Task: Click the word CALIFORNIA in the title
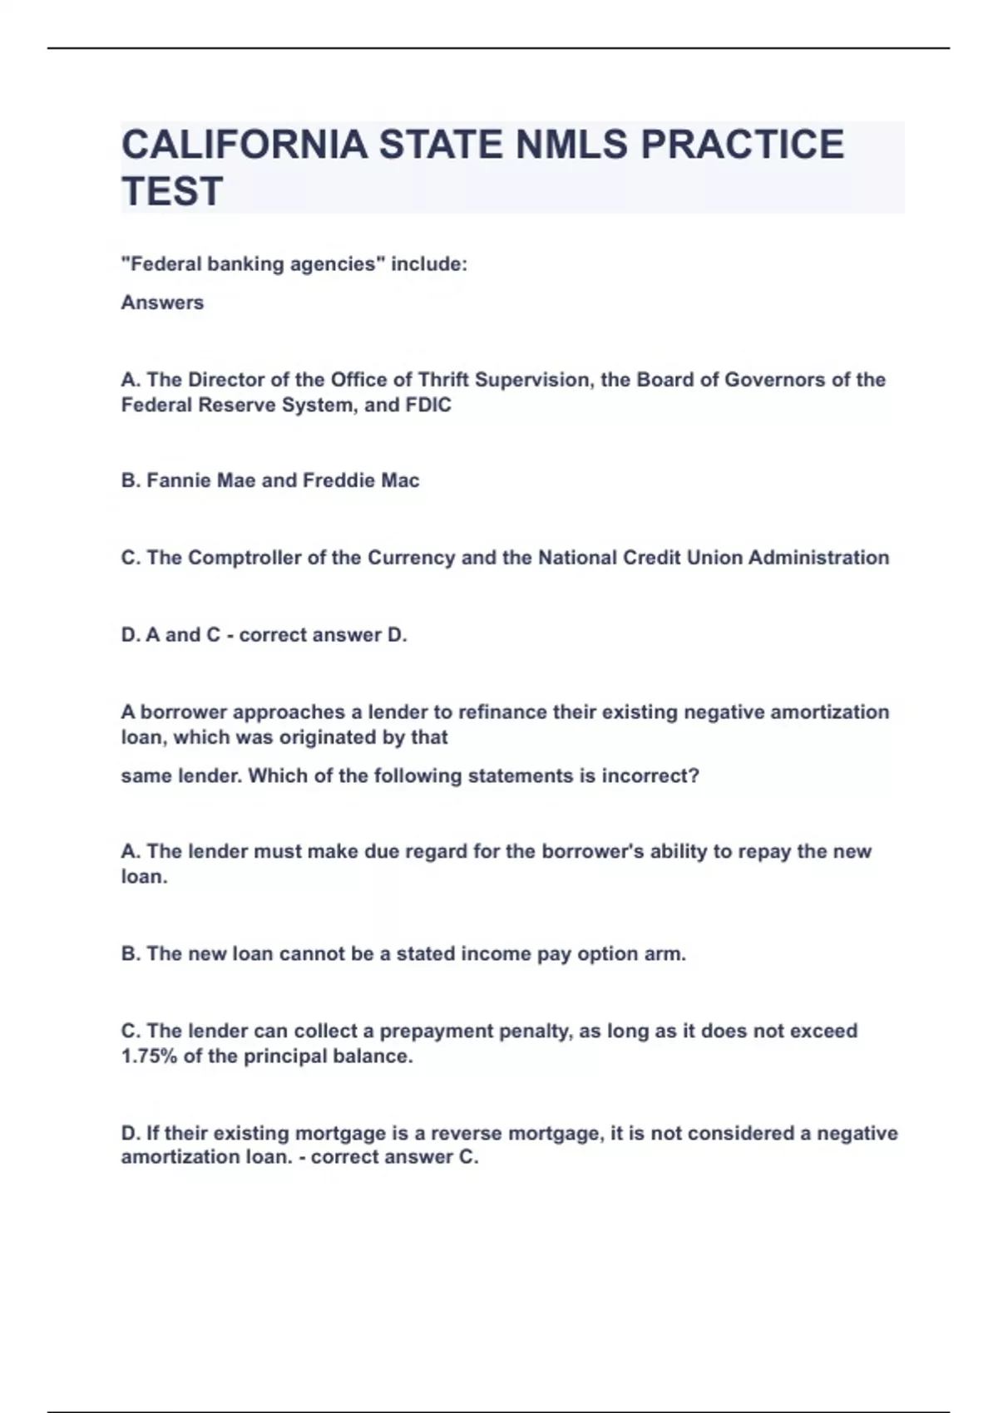(x=244, y=145)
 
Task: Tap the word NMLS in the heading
(x=572, y=145)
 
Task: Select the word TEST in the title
(x=172, y=191)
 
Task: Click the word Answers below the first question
(x=162, y=303)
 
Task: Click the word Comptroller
(x=245, y=558)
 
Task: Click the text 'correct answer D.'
(x=324, y=635)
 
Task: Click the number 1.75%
(x=149, y=1056)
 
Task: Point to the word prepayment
(x=436, y=1031)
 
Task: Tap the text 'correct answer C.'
(x=395, y=1157)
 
